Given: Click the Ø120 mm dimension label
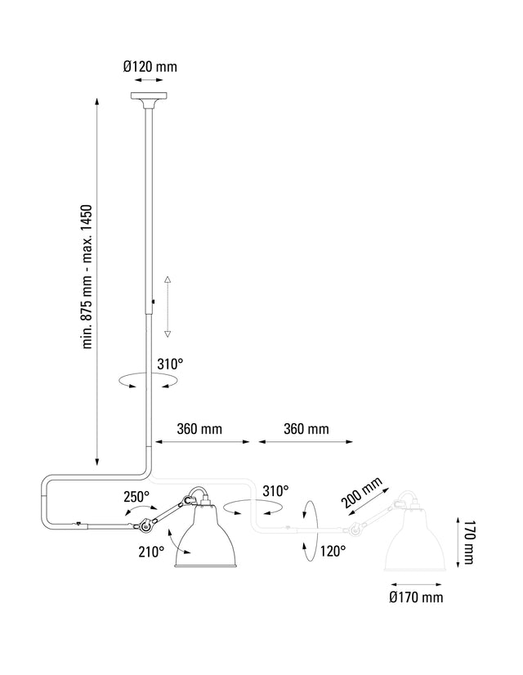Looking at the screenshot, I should coord(150,66).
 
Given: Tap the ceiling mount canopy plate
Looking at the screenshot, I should coord(150,102).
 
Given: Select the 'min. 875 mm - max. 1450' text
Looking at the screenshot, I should coord(91,277).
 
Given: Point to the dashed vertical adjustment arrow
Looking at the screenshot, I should coord(168,306).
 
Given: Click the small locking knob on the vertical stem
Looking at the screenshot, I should coord(153,306).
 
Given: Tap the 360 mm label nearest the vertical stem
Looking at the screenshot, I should coord(199,428).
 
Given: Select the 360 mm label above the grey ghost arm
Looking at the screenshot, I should coord(306,428).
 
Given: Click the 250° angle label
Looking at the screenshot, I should coord(136,495).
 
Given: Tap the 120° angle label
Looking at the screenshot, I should coord(333,552).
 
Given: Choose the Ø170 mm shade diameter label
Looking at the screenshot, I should coord(416,597).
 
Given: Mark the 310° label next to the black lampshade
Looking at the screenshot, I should coord(275,490).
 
